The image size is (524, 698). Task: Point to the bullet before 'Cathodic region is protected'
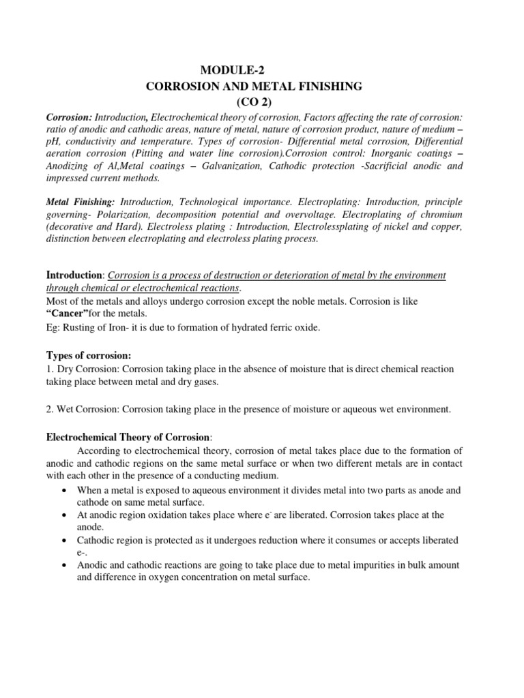[x=63, y=541]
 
